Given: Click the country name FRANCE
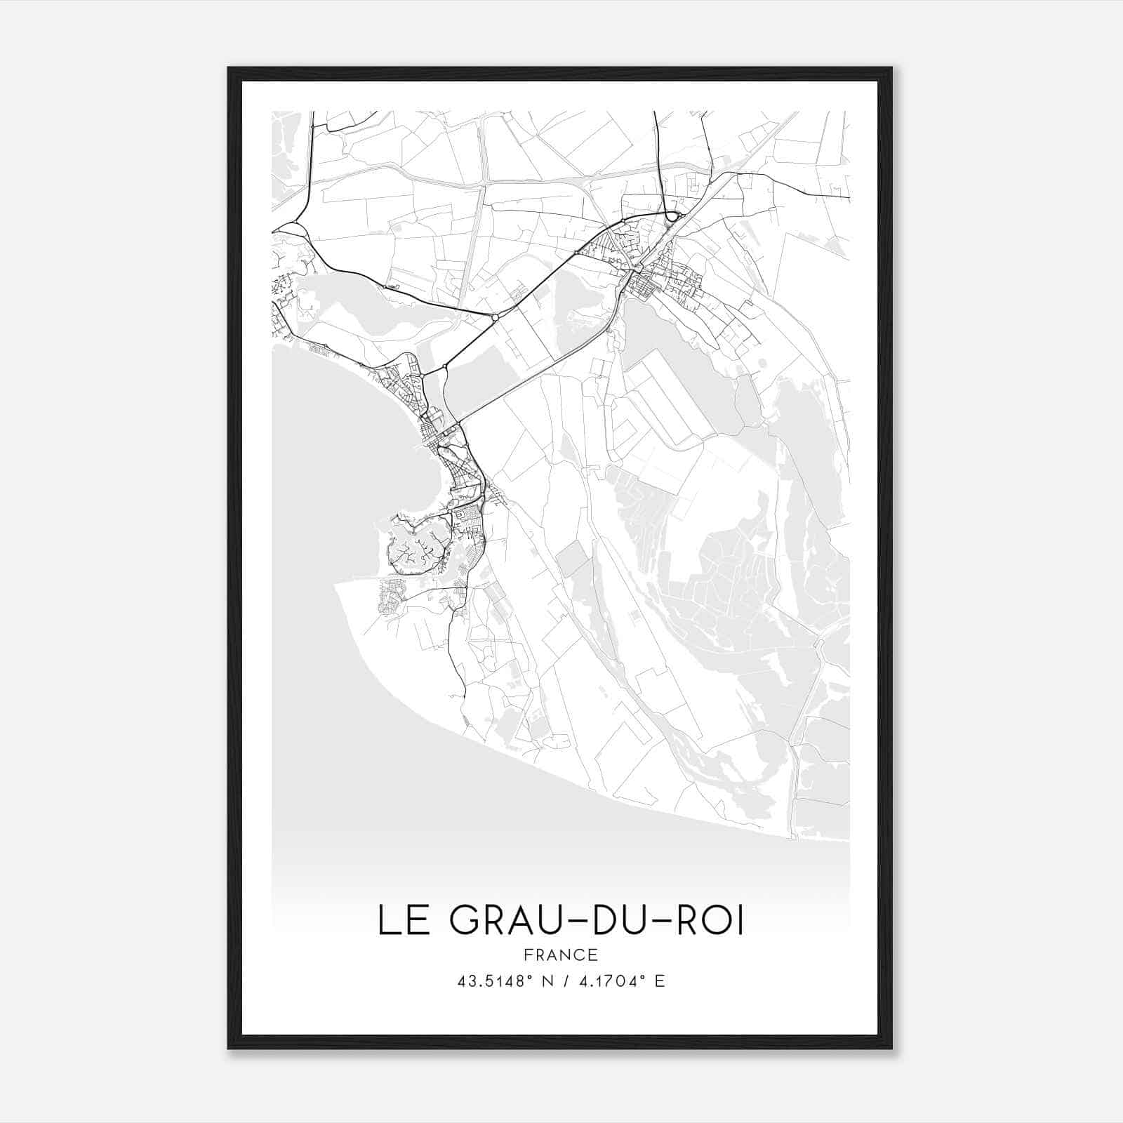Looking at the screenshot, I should pos(561,955).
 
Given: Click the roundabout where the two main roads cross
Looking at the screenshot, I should pos(496,317).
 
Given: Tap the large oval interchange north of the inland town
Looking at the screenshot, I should pos(674,216).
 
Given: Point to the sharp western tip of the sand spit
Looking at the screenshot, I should pos(338,583).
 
